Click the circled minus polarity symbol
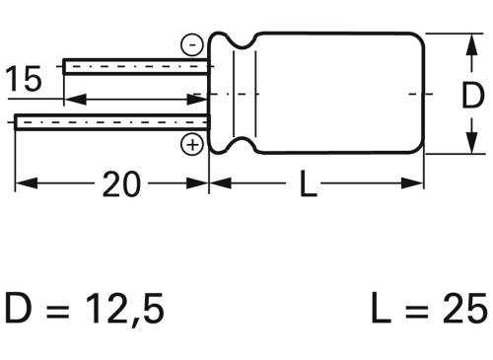tap(192, 44)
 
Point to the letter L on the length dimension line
tap(309, 184)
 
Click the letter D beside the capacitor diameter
tap(473, 96)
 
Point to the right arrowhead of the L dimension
tap(416, 184)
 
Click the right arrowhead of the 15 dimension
tap(202, 100)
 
